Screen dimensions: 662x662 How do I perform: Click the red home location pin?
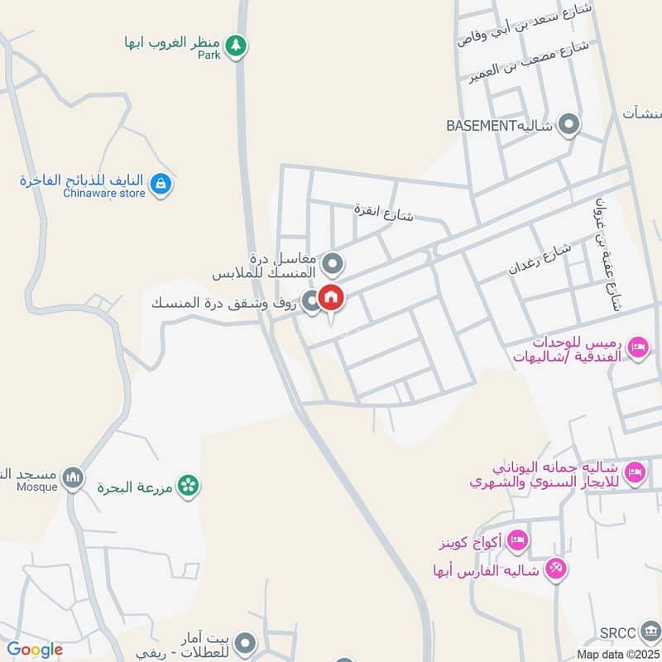(330, 298)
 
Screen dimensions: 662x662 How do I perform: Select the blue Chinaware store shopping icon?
(162, 184)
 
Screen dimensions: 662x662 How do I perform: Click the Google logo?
(35, 650)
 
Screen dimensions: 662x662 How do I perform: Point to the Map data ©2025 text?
(618, 654)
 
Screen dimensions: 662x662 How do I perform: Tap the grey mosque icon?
(74, 478)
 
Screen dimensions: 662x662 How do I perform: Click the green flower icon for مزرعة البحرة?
(189, 487)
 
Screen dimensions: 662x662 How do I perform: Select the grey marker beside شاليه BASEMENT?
(568, 126)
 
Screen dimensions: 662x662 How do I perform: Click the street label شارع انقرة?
(383, 212)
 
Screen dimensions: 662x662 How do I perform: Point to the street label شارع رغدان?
(540, 259)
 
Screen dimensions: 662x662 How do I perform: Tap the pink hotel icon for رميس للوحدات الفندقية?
(638, 348)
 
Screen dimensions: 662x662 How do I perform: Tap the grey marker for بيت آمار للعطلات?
(243, 643)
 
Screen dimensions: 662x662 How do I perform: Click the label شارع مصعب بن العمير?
(530, 62)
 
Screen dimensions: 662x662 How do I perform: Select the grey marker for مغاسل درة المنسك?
(333, 265)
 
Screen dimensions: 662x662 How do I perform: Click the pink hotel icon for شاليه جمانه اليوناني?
(635, 472)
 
